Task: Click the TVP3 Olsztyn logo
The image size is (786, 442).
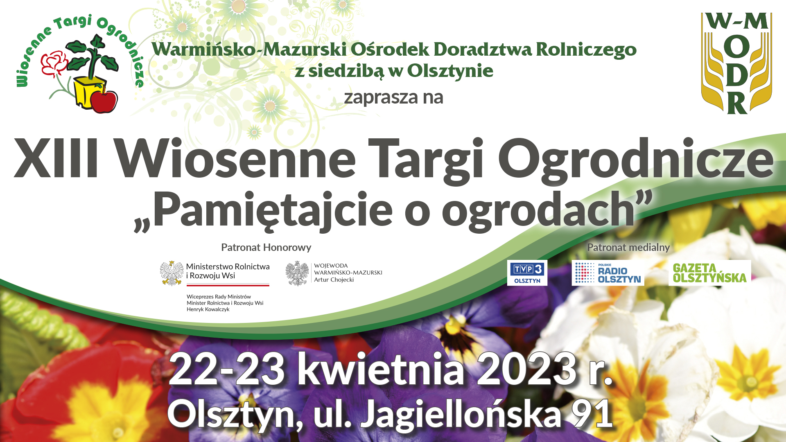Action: point(527,273)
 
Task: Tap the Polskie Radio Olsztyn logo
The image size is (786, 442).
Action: point(608,273)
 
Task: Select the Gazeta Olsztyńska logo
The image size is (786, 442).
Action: point(710,273)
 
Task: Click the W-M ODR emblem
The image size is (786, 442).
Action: point(736,63)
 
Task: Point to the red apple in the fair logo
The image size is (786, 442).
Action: point(104,101)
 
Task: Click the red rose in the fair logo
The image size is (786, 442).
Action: point(54,63)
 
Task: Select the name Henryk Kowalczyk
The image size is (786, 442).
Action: point(208,309)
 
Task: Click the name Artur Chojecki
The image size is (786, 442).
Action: point(334,280)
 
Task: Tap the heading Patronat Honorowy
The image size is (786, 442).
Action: point(266,248)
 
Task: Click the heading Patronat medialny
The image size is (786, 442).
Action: point(628,248)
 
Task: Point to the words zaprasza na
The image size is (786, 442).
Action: point(394,98)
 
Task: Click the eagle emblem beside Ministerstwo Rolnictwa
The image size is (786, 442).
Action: point(172,273)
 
